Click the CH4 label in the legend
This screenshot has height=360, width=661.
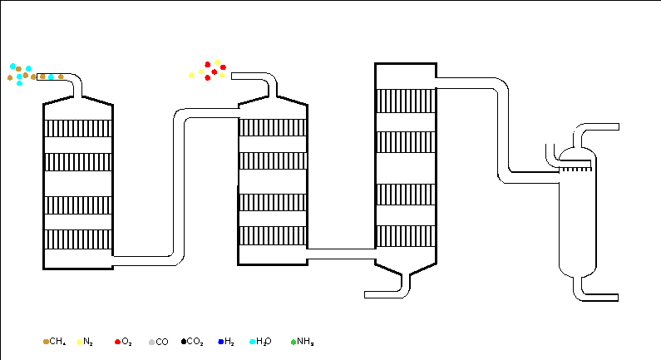57,342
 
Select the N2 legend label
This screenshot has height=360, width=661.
87,342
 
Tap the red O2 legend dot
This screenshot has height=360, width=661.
117,342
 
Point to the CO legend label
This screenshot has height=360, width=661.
162,342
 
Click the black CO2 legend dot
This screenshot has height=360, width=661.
184,342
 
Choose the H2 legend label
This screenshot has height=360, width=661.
229,342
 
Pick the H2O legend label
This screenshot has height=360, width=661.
264,342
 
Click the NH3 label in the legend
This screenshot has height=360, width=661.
305,342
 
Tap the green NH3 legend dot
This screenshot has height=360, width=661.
294,342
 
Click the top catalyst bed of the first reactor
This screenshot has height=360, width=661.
78,129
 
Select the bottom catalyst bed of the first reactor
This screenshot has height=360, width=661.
78,239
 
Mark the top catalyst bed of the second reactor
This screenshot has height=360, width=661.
273,127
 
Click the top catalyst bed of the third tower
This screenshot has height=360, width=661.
406,101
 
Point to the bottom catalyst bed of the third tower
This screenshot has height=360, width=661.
406,236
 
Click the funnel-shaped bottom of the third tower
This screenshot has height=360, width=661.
406,268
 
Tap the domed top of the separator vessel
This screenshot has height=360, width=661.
578,154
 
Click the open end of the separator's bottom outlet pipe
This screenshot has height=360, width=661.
618,298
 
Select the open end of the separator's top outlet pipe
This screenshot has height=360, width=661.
619,127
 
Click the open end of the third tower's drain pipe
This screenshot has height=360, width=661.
365,294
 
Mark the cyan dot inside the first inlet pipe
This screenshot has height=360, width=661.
51,76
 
